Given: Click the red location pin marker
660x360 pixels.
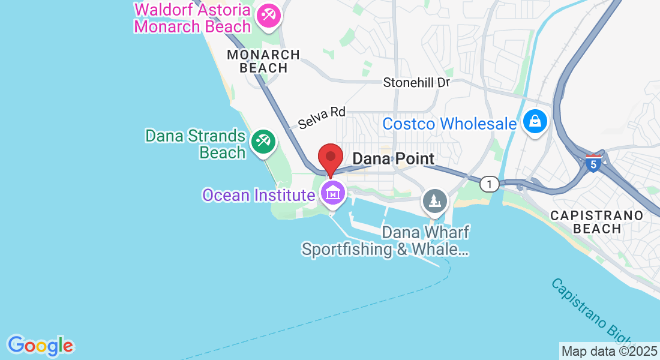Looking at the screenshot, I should [330, 159].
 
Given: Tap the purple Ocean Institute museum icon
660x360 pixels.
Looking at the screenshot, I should [332, 194].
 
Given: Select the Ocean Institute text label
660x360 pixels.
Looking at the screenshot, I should [259, 195].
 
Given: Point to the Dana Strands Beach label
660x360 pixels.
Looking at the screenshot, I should [196, 144].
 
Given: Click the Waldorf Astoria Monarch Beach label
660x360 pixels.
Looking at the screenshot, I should [193, 19].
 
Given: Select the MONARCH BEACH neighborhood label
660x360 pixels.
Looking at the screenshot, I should [263, 61].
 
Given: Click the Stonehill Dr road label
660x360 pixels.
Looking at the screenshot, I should [416, 83].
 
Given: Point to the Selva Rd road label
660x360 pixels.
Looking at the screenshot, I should [322, 117].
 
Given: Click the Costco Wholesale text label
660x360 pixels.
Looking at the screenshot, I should [449, 124].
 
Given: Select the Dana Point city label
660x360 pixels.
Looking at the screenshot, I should [393, 159].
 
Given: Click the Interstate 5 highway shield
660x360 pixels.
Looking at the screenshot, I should [593, 163].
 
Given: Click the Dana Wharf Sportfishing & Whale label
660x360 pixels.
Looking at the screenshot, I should [385, 241].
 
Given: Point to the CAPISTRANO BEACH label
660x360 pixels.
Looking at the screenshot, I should [596, 222].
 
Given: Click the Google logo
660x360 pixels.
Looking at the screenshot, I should [40, 345].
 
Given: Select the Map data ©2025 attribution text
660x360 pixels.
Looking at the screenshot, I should [609, 351].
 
